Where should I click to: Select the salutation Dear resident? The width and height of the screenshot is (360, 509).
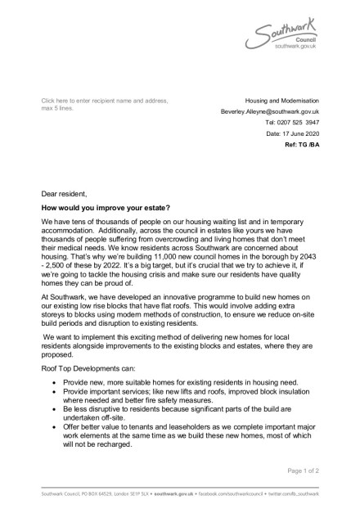65,194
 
